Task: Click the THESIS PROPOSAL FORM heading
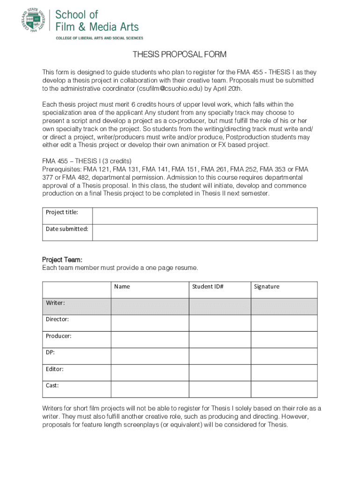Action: (x=180, y=55)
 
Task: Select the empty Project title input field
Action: (x=205, y=216)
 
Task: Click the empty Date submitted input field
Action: (x=205, y=232)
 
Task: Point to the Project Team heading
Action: (x=62, y=260)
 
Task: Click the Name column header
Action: (x=122, y=286)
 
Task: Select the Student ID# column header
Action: (x=208, y=286)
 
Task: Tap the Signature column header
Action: (x=266, y=286)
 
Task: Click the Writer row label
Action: (x=55, y=303)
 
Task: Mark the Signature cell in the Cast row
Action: (x=284, y=389)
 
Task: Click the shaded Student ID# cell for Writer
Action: (x=220, y=306)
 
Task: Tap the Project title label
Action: (x=62, y=212)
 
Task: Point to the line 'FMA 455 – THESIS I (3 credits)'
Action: (x=87, y=161)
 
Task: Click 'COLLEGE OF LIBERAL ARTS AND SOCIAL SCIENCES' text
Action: (x=100, y=38)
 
